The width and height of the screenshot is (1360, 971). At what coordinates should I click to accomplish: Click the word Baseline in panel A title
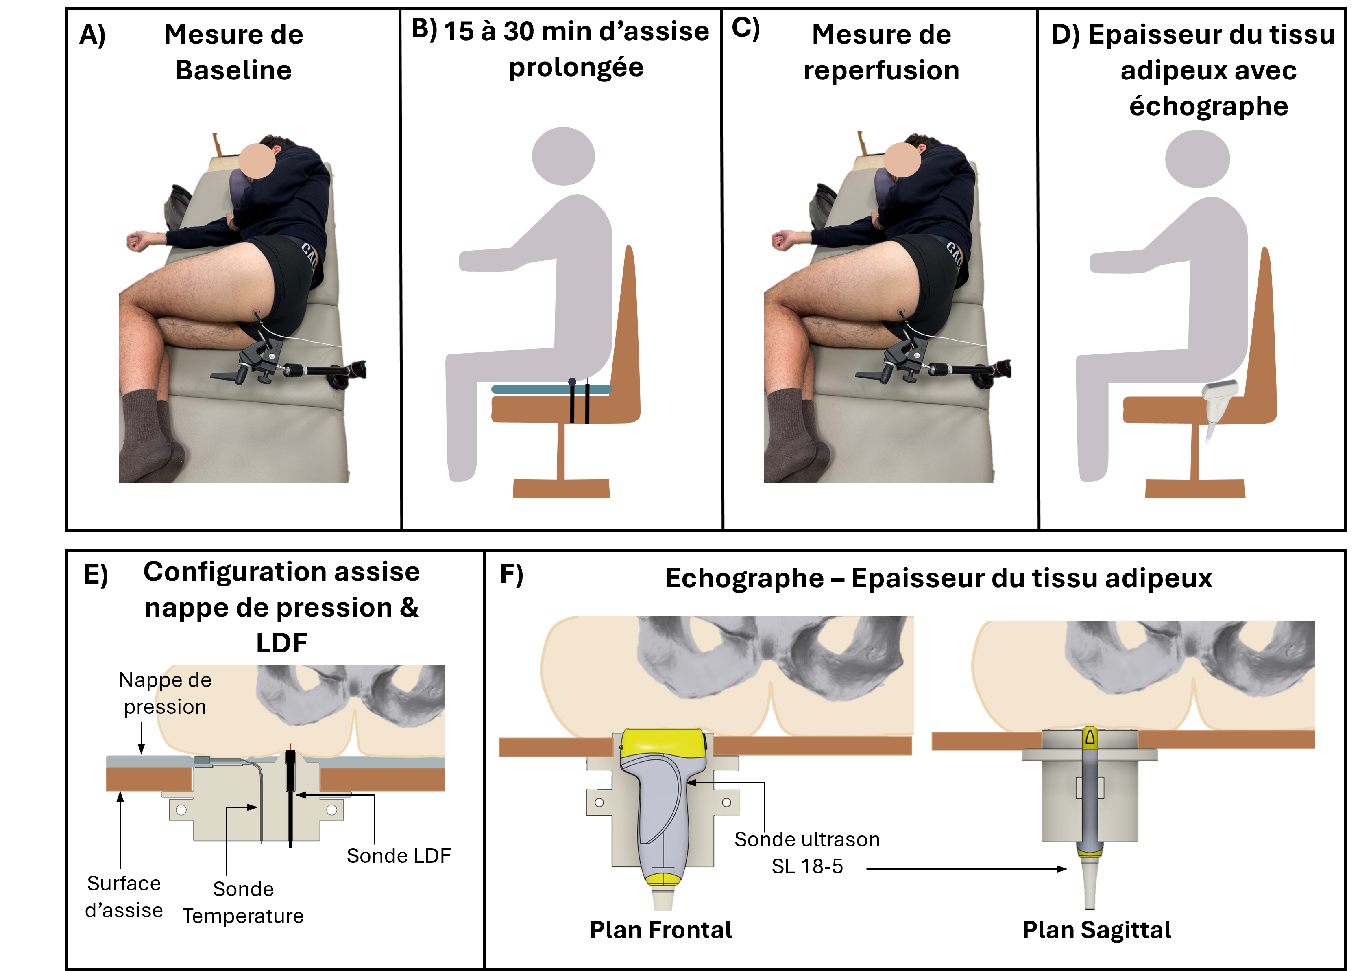[x=233, y=70]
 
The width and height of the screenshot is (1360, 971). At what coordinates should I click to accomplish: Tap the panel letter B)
[x=424, y=29]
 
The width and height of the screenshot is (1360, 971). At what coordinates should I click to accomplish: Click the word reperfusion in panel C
[x=881, y=70]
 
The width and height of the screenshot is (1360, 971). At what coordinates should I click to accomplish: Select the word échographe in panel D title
[x=1208, y=107]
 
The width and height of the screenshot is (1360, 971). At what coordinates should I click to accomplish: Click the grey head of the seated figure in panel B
[x=563, y=156]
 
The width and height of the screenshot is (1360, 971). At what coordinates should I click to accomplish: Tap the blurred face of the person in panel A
[x=257, y=160]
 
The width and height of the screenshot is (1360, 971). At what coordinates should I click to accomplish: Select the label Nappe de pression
[x=165, y=693]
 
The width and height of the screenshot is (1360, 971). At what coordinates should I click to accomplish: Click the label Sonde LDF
[x=399, y=855]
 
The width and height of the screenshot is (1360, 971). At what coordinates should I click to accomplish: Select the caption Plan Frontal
[x=661, y=930]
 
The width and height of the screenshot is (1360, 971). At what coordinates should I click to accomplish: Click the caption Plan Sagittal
[x=1096, y=930]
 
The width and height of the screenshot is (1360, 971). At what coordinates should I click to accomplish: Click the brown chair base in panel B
[x=561, y=488]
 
